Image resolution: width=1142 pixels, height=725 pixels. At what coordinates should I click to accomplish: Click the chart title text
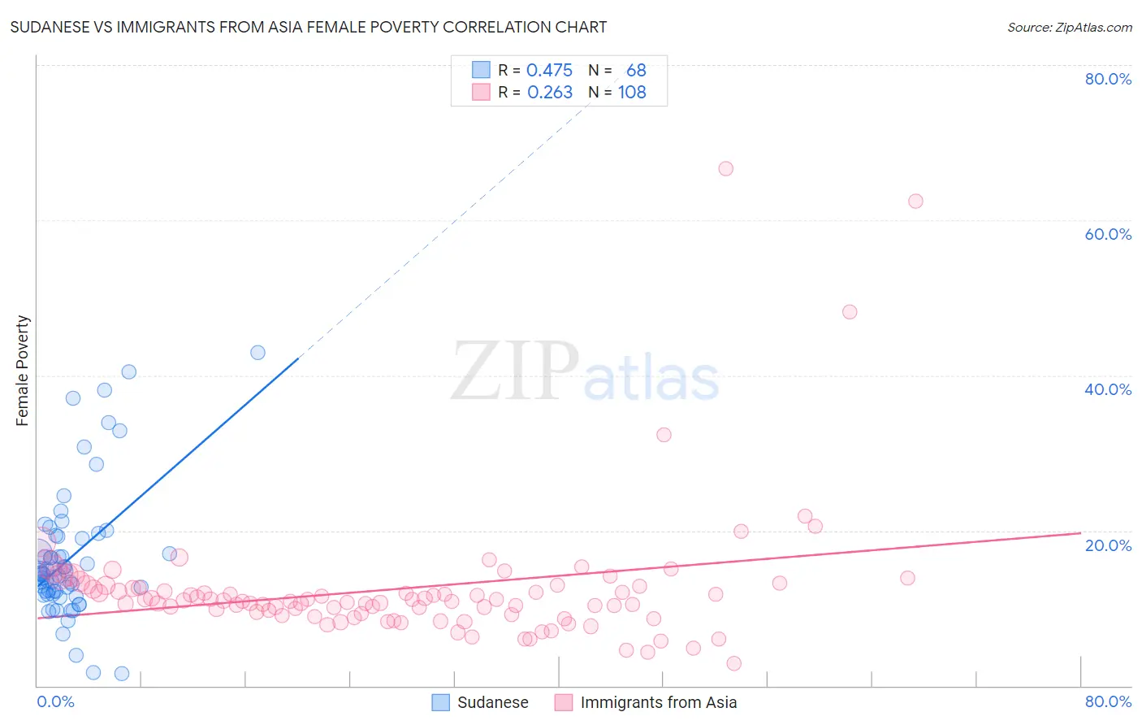[309, 28]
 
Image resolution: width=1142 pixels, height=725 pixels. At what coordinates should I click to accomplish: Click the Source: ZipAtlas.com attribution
[1069, 28]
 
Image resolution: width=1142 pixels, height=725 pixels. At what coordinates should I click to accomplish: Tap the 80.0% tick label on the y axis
[1108, 79]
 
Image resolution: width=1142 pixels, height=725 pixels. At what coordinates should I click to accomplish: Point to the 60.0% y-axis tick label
[1108, 234]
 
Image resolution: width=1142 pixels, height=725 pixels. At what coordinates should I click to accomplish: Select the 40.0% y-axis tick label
[1108, 389]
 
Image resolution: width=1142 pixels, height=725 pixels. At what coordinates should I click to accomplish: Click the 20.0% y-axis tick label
[1108, 545]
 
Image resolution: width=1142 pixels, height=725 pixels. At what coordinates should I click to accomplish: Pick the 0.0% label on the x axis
[55, 701]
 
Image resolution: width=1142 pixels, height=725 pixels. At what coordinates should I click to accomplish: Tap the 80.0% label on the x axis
[1108, 701]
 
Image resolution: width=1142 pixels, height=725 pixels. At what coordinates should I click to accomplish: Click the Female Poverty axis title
[23, 371]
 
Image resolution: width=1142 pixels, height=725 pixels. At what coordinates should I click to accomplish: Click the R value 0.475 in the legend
[549, 71]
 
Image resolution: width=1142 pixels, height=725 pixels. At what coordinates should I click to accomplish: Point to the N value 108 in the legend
[632, 93]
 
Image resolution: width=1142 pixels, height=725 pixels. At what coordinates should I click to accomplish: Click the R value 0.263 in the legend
[550, 93]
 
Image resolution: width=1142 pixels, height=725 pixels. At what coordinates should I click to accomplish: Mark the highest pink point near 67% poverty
[725, 169]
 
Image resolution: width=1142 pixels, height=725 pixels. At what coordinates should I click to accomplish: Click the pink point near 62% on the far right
[915, 202]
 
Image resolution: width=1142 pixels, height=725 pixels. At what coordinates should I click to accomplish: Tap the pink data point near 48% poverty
[850, 312]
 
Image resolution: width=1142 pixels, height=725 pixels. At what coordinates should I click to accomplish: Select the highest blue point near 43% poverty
[257, 353]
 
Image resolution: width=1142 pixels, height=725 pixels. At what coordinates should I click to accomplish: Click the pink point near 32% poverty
[664, 435]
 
